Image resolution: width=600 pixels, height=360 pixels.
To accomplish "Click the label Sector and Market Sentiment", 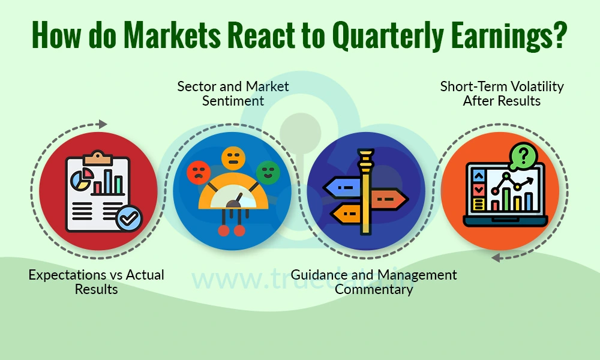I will [233, 94].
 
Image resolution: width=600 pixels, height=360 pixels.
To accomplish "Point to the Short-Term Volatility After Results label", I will [502, 94].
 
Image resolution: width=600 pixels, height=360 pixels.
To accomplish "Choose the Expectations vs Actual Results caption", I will [96, 282].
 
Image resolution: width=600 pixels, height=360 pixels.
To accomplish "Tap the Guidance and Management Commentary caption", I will [374, 282].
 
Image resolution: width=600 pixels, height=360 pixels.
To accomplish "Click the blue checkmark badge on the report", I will [128, 219].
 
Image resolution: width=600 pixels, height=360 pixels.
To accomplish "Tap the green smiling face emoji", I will [268, 172].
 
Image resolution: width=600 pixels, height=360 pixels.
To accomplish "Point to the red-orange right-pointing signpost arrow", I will [389, 197].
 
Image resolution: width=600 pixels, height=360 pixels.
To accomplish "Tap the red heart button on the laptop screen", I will [479, 190].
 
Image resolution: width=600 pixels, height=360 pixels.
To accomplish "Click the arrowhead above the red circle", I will [103, 124].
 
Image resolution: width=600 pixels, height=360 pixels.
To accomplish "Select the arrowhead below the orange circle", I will [496, 258].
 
